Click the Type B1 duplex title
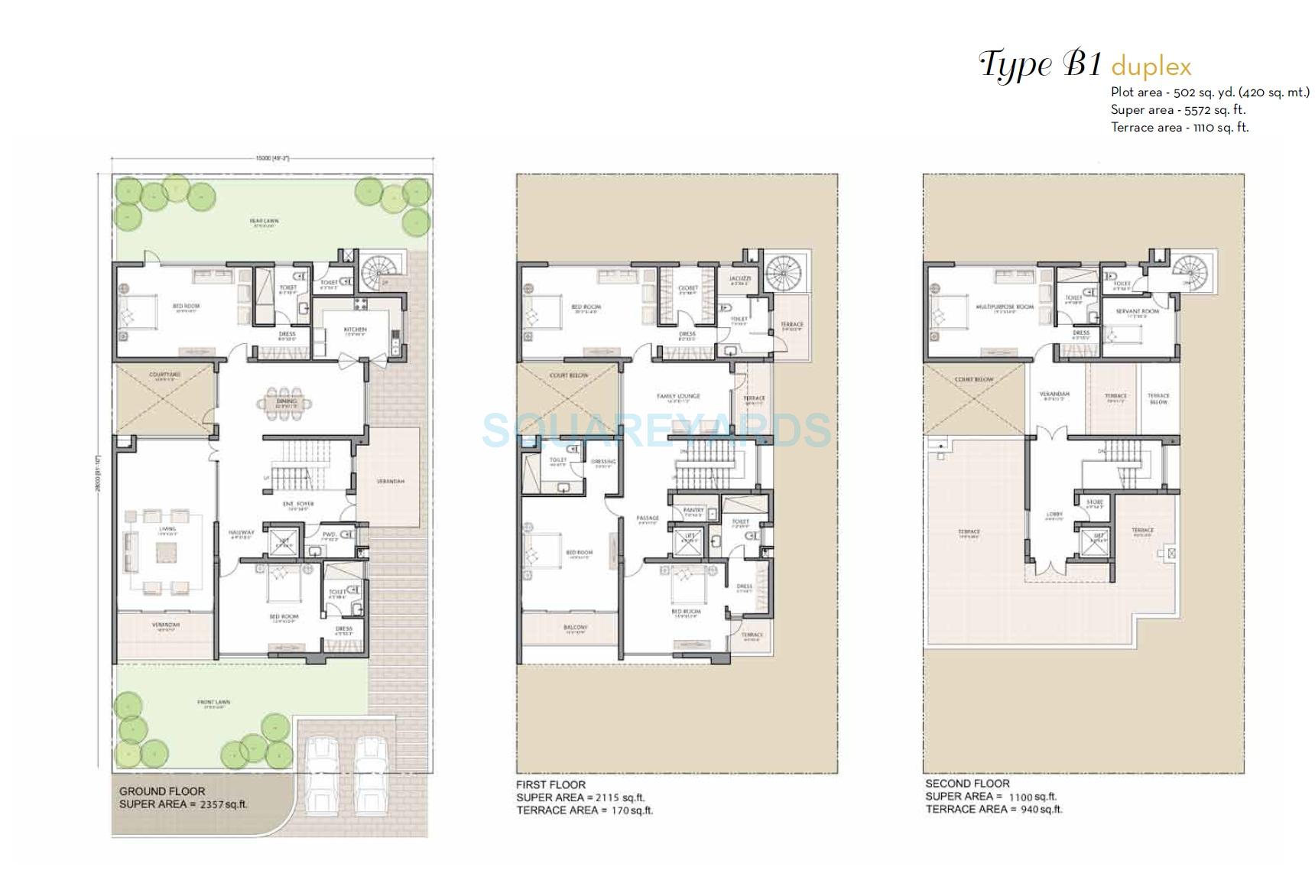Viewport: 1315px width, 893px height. point(1085,65)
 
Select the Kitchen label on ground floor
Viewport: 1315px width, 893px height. point(356,330)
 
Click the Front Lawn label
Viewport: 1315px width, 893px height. point(213,702)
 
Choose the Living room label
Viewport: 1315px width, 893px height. point(167,529)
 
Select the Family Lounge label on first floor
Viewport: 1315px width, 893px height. point(678,396)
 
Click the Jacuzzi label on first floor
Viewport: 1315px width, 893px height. point(739,279)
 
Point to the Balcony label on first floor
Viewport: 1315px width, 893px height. point(575,628)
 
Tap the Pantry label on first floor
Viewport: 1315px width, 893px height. point(693,510)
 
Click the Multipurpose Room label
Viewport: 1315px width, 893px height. point(1005,307)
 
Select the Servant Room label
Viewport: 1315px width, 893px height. point(1138,311)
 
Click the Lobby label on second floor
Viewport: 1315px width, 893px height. point(1054,515)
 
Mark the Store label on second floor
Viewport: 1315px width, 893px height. point(1094,502)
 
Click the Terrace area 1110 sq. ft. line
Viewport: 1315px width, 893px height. point(1179,128)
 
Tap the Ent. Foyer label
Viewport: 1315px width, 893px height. point(298,504)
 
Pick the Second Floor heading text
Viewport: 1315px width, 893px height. point(967,784)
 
